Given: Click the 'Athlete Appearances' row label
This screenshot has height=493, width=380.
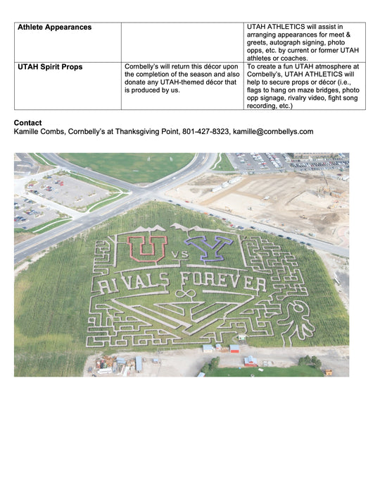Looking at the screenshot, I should (x=54, y=27).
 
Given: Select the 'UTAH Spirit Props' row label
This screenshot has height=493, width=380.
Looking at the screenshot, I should (x=50, y=67).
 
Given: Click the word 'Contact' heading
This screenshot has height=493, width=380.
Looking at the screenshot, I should (x=27, y=123).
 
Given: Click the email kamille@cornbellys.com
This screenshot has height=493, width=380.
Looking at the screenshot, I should (x=273, y=132).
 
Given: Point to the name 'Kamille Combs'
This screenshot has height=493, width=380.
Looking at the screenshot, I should (x=39, y=132).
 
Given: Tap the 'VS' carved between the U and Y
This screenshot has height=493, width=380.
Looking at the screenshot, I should (x=177, y=252).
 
